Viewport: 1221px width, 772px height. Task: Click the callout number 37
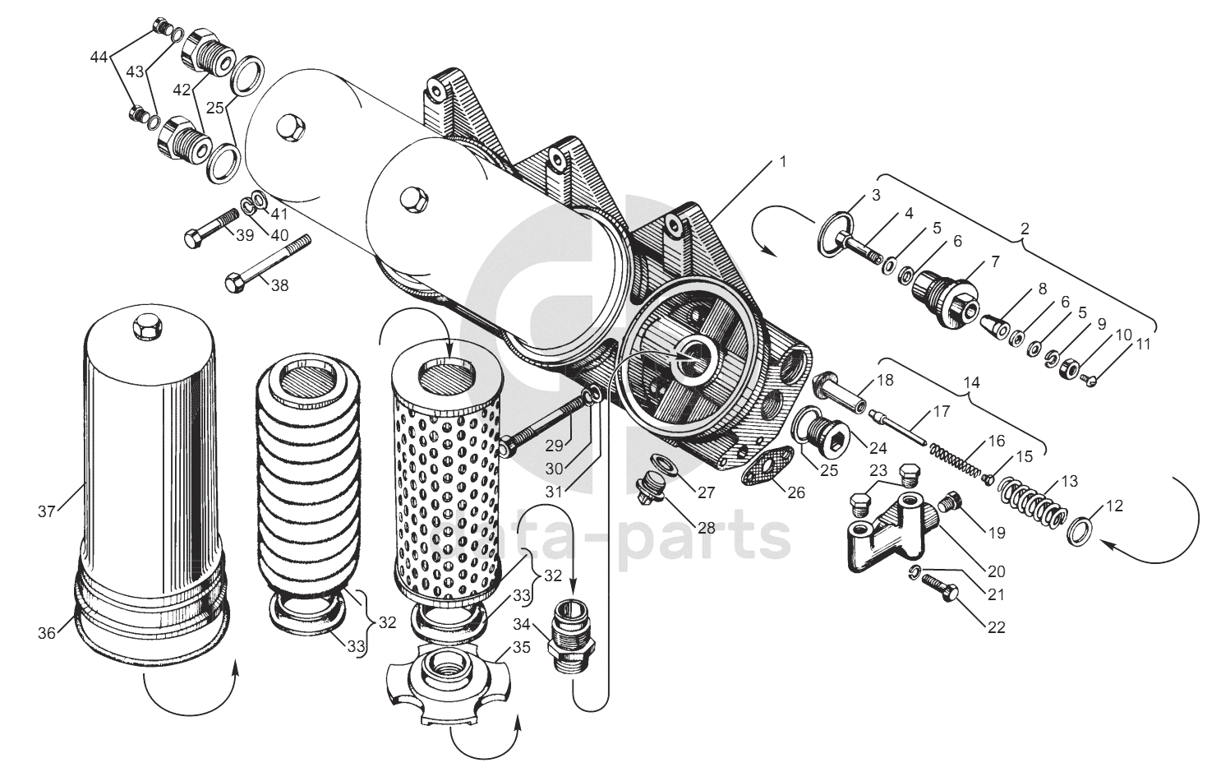click(45, 511)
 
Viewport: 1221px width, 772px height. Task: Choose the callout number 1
click(782, 162)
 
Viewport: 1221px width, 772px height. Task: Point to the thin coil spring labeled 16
click(956, 460)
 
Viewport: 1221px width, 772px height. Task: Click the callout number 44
click(99, 57)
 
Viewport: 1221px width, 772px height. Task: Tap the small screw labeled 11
click(1090, 379)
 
